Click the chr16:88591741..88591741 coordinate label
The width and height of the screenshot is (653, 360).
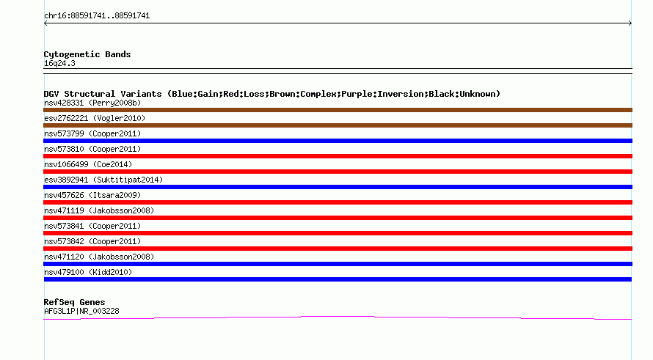97,16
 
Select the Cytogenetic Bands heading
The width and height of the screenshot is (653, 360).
87,54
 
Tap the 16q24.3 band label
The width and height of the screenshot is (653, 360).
59,63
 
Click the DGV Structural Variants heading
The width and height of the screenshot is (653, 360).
272,94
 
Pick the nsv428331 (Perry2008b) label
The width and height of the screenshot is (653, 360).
92,103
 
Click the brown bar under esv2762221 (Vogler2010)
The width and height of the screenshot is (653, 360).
338,125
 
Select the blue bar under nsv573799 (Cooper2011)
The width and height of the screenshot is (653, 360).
338,141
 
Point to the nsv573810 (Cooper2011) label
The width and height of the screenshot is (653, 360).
92,149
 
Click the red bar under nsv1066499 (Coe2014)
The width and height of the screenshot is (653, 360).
338,172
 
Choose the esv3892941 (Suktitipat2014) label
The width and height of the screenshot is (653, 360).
103,180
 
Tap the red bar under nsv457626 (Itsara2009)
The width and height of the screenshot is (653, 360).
338,202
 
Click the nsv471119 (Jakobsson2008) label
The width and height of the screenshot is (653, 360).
99,210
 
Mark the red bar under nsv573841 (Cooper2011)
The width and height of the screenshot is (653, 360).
338,233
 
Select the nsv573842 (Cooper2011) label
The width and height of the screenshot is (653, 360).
92,241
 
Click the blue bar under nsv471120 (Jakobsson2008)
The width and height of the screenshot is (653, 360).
338,264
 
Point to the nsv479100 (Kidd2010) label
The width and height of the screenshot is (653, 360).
88,272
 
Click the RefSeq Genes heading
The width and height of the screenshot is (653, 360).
74,302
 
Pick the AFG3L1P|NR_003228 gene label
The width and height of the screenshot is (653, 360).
81,311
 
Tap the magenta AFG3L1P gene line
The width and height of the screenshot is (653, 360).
338,317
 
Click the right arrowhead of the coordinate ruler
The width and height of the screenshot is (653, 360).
630,23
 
